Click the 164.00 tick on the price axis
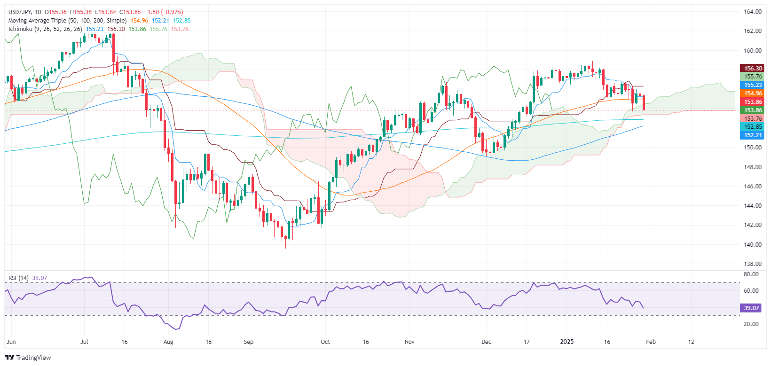(753, 12)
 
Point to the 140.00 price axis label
(753, 244)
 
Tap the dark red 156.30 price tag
(753, 68)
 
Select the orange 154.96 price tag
(753, 93)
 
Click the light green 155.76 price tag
(753, 77)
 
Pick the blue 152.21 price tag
(753, 135)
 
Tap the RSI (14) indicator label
(18, 278)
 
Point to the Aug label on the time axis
(168, 342)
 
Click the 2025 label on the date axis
(567, 342)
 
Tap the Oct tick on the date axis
(325, 342)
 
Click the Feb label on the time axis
(651, 342)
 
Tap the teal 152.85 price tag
(753, 127)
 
